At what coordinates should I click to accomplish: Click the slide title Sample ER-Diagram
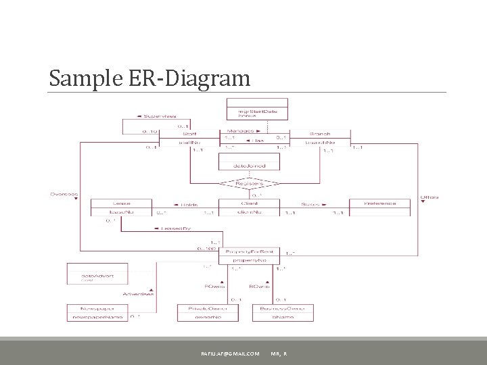(x=149, y=78)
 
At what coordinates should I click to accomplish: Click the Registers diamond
(x=248, y=182)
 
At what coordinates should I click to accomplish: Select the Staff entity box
(x=189, y=139)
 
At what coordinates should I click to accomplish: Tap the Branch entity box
(x=320, y=139)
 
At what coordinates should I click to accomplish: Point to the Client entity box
(x=249, y=208)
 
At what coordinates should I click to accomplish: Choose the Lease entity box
(x=122, y=208)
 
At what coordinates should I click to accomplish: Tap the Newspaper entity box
(x=98, y=312)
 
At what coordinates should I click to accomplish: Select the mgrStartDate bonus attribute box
(x=256, y=112)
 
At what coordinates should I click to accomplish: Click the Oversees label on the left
(x=64, y=195)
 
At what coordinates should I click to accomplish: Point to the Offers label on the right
(x=429, y=197)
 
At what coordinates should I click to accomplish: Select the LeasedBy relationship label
(x=174, y=228)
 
